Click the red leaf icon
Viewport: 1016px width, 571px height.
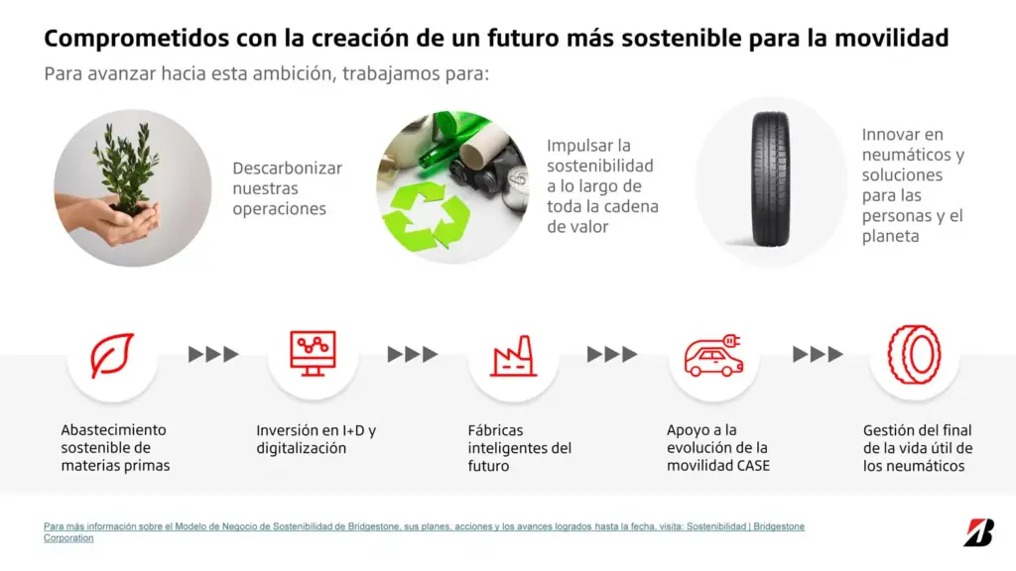(x=112, y=356)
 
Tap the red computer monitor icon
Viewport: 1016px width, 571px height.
(x=313, y=353)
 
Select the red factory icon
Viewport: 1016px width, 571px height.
(x=514, y=356)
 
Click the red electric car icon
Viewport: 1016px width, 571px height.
(x=713, y=356)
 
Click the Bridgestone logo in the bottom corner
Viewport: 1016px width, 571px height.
(x=978, y=531)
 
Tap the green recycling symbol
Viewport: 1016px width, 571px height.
(x=426, y=217)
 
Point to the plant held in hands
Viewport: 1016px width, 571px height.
(x=126, y=169)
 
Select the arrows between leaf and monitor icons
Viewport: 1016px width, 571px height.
(x=213, y=354)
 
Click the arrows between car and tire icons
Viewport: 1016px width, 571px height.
(x=818, y=354)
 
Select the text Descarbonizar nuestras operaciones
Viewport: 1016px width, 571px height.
(x=287, y=188)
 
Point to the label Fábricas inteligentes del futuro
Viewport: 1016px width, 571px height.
(x=519, y=448)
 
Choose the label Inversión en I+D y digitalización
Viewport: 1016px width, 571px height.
(x=316, y=439)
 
